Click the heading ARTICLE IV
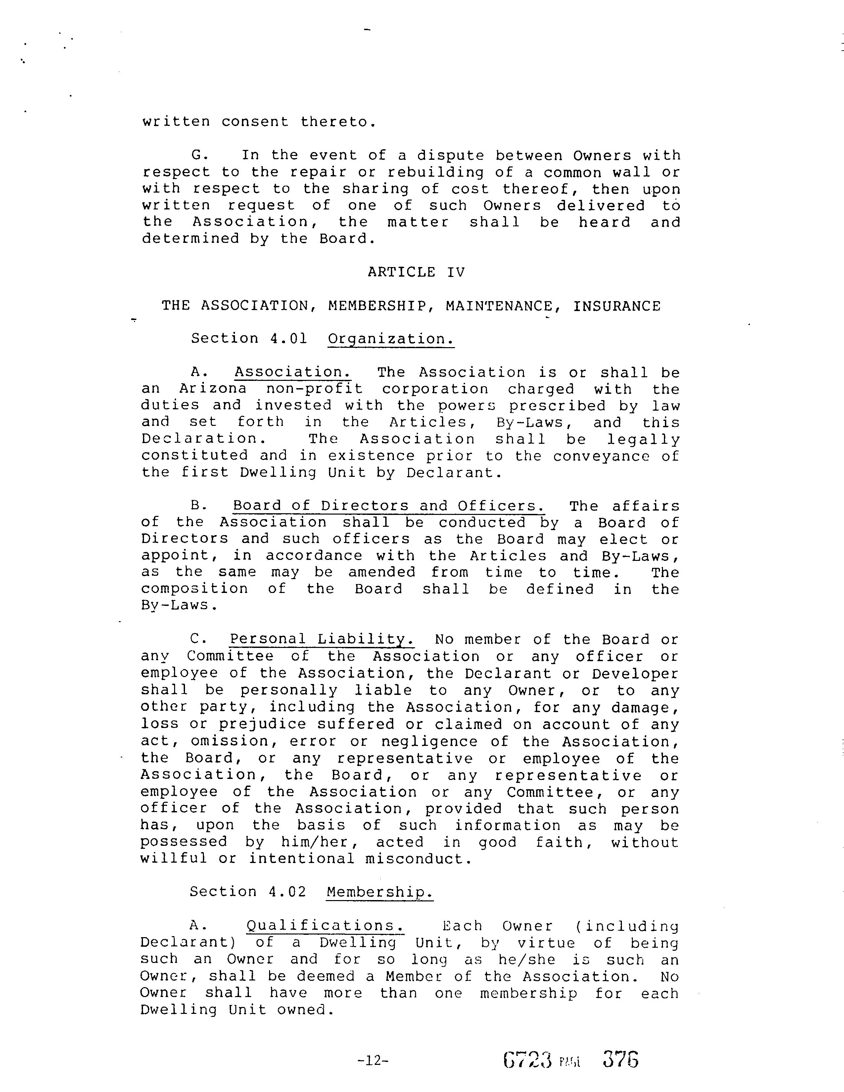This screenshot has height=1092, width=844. pos(416,272)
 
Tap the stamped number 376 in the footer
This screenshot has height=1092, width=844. pos(621,1059)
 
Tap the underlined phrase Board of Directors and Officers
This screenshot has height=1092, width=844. pos(389,506)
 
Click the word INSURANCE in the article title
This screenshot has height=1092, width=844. pos(617,306)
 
